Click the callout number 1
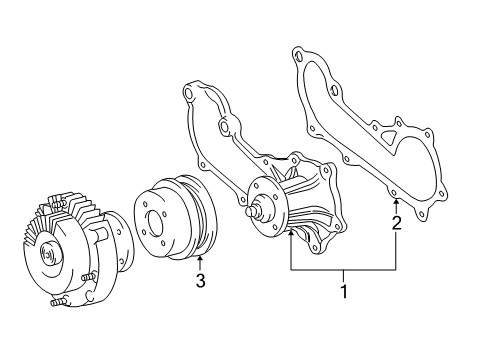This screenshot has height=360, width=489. click(345, 294)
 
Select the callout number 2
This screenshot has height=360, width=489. click(397, 223)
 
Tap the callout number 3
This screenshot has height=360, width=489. click(200, 281)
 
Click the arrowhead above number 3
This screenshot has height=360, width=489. click(200, 258)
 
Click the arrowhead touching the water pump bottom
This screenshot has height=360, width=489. click(291, 232)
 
